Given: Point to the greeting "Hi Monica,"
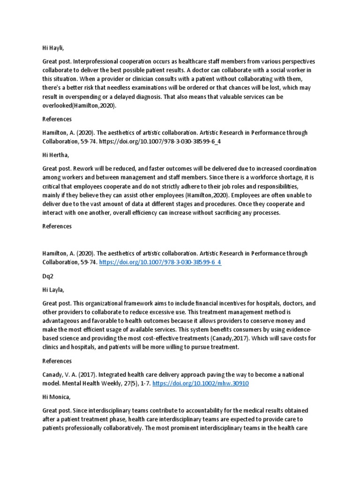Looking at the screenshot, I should tap(57, 397).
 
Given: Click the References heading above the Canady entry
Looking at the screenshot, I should tap(57, 361).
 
